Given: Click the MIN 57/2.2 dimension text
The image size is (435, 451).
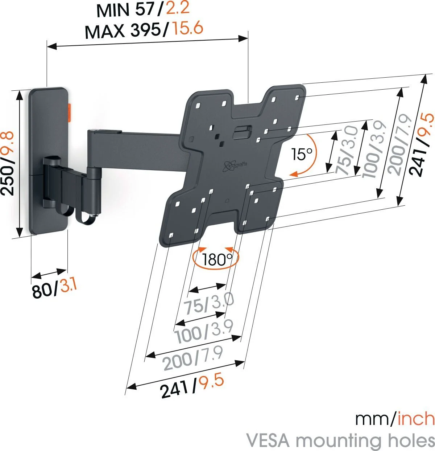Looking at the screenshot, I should click(143, 10).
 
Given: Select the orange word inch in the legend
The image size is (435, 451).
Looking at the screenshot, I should click(416, 419).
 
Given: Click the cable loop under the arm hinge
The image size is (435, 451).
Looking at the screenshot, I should click(84, 215).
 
